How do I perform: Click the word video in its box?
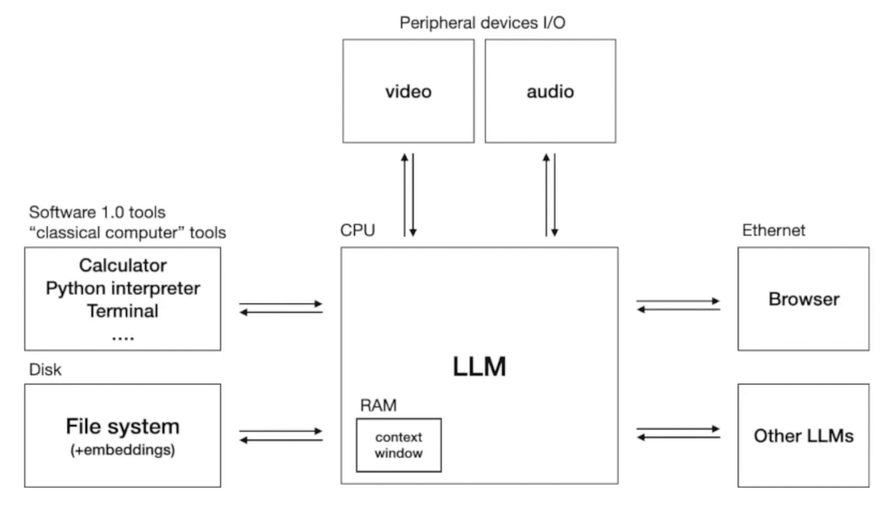point(408,91)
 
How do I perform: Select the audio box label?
point(550,91)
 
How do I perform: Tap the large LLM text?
point(479,367)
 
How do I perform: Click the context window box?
point(398,445)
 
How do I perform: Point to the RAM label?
point(378,406)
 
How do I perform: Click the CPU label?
point(358,231)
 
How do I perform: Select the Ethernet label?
point(773,230)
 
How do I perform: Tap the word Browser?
point(804,299)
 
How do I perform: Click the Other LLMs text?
point(804,436)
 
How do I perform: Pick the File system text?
point(122,426)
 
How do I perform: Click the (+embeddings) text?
point(122,452)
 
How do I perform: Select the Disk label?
point(45,369)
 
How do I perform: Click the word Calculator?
point(122,265)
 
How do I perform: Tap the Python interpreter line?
point(122,288)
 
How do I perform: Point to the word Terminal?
point(122,310)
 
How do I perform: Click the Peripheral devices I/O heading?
point(483,23)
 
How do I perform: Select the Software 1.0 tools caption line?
point(97,212)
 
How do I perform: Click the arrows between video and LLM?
point(408,194)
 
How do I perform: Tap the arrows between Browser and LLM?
point(678,306)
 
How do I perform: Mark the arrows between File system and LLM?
point(281,436)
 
